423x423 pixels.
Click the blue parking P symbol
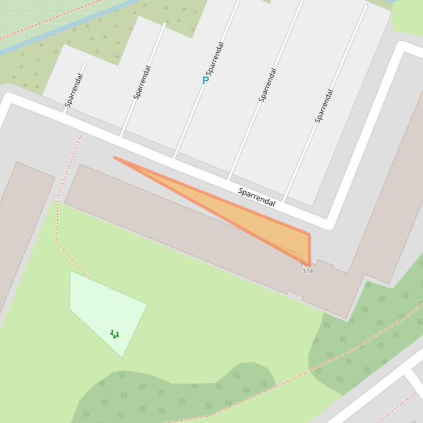click(x=206, y=80)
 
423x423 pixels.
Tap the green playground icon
click(x=114, y=333)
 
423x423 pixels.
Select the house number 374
click(x=307, y=271)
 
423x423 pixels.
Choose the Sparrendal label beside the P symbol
click(x=215, y=58)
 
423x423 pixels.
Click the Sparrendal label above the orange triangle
click(x=256, y=197)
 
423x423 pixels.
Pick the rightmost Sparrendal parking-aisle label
click(x=324, y=106)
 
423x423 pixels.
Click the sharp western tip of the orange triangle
click(x=115, y=158)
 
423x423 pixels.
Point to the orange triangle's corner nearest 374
click(x=309, y=265)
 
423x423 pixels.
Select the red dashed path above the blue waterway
click(x=50, y=19)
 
